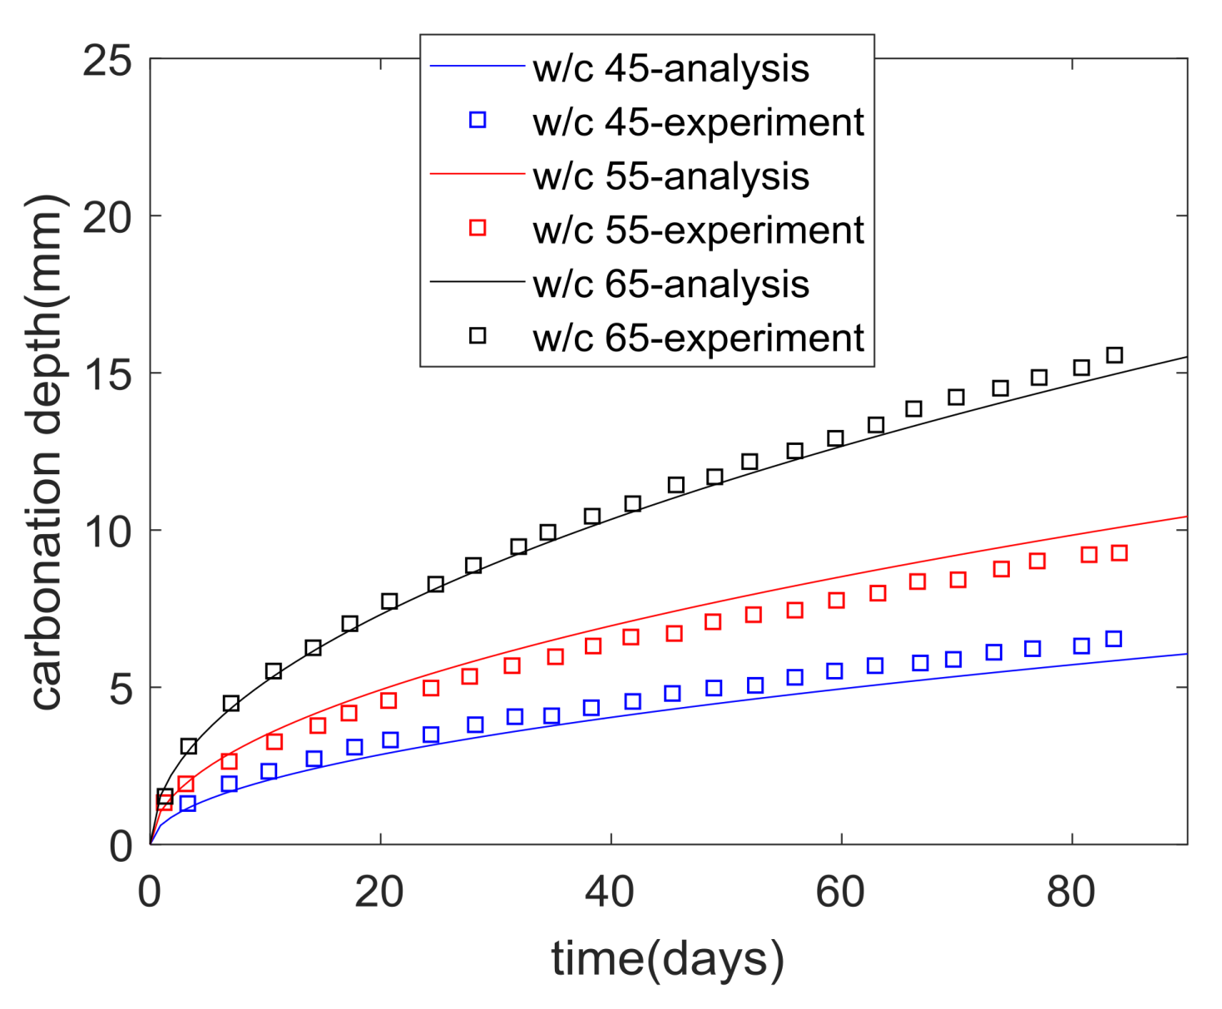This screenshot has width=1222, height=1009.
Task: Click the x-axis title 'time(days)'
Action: click(x=667, y=958)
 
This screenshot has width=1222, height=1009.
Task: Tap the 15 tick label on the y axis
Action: click(x=108, y=374)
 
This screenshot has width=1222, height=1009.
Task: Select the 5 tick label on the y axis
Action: click(x=121, y=688)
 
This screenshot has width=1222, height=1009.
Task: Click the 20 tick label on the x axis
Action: click(x=379, y=892)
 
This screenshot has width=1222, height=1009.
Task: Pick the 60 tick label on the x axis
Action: click(x=840, y=892)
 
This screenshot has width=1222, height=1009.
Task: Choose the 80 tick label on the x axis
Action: click(x=1071, y=892)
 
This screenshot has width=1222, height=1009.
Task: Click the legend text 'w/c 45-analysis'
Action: click(x=670, y=68)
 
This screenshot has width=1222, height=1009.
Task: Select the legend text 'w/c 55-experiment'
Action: click(x=698, y=230)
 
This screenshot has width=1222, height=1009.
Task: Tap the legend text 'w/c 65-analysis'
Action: click(x=670, y=284)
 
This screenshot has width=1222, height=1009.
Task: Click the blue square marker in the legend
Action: click(x=477, y=120)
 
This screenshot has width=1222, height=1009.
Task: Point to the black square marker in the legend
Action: click(x=477, y=335)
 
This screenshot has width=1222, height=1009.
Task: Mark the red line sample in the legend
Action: click(x=477, y=174)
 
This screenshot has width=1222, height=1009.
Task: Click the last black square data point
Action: click(x=1114, y=355)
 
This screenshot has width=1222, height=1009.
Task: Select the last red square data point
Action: click(x=1119, y=553)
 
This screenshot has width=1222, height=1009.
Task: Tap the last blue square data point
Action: click(x=1114, y=639)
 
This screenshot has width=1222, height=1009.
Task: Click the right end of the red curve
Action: click(x=1185, y=517)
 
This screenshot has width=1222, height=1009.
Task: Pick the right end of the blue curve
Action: click(x=1185, y=654)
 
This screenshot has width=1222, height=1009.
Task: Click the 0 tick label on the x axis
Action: click(x=150, y=892)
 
